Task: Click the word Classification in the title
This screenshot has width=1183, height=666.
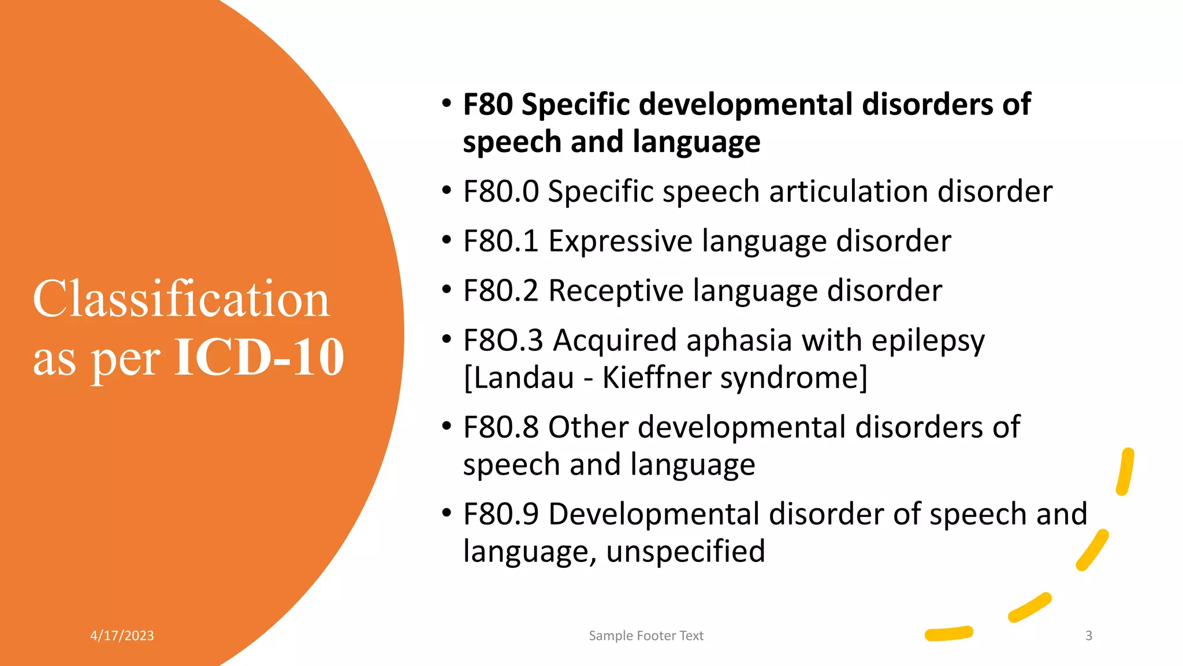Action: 181,299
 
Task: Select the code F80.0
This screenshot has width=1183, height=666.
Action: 501,191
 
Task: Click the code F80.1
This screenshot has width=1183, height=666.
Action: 501,241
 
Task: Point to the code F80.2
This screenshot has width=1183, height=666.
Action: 501,291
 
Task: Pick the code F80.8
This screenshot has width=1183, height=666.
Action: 501,428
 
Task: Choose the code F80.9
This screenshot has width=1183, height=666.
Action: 501,515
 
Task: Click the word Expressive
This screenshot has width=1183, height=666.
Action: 620,242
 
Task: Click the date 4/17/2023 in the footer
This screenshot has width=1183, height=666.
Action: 122,636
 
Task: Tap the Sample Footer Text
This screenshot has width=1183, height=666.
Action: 646,636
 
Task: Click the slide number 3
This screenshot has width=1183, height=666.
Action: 1089,636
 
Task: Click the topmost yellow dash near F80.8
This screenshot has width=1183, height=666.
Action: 1125,472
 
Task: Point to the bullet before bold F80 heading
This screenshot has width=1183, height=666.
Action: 446,104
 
